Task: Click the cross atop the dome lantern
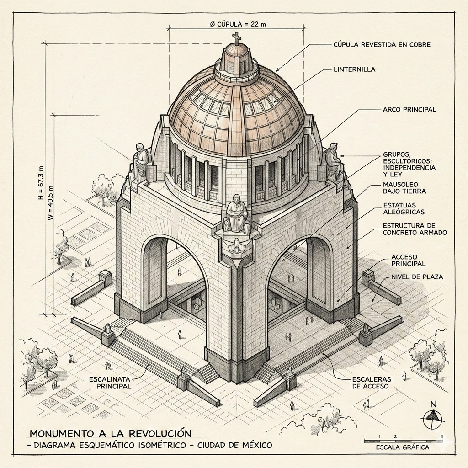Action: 237,38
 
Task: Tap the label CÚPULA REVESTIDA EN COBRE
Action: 382,45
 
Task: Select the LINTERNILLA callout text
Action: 354,69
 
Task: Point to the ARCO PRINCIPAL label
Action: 409,110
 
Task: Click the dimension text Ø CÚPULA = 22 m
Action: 238,24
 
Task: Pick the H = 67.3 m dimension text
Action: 41,183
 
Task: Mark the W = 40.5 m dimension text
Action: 50,203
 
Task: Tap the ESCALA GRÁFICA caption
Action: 402,447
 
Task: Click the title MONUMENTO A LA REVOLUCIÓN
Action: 111,433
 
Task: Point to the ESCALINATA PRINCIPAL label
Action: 110,383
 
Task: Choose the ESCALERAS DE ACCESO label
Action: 372,383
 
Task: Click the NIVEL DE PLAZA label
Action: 417,277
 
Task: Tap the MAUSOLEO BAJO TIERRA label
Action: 404,188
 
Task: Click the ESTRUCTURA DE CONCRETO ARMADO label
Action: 415,229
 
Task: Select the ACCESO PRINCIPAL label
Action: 408,260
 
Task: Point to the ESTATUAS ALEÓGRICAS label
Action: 404,208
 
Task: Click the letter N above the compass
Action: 434,404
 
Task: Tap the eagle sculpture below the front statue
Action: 237,246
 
